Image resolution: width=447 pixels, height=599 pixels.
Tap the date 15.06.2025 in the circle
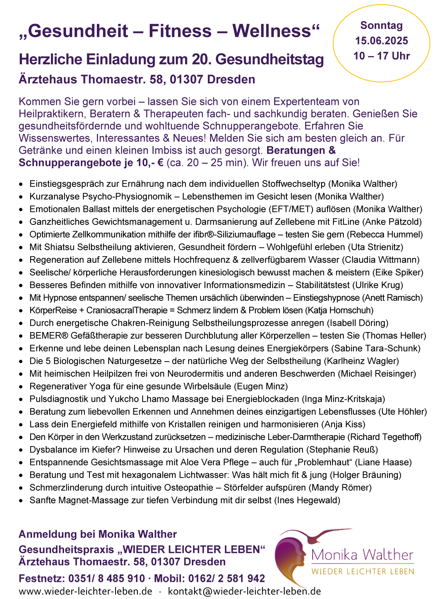tap(381, 41)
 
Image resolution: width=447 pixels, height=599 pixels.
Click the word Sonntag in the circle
tap(381, 26)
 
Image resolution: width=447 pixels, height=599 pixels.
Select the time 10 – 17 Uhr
tap(381, 56)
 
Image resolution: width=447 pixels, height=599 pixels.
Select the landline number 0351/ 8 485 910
tap(107, 579)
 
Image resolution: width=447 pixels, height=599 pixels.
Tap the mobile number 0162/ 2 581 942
tap(226, 579)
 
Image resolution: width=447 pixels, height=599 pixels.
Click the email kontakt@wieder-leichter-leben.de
tap(244, 591)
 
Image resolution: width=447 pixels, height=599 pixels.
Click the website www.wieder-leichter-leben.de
tap(85, 591)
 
